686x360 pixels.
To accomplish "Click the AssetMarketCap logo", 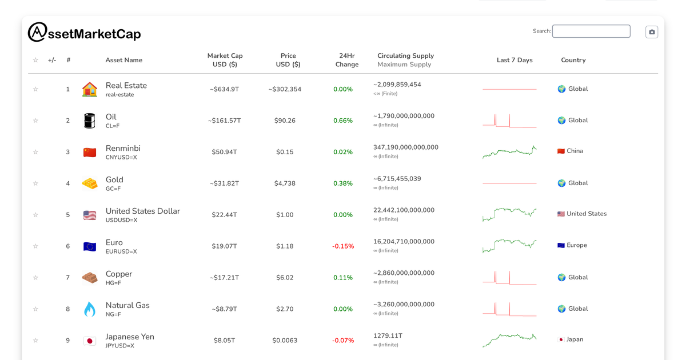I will (84, 33).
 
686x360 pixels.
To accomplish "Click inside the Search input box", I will (591, 31).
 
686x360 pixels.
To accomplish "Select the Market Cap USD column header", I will (225, 60).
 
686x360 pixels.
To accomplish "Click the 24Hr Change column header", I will (346, 60).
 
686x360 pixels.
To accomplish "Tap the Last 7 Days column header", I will (514, 60).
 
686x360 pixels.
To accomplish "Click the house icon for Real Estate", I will (90, 89).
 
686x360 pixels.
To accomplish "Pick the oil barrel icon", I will (90, 121).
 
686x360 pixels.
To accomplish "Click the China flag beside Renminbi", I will (90, 152).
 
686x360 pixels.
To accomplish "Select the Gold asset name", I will (114, 179).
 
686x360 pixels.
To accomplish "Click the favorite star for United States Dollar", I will (35, 215).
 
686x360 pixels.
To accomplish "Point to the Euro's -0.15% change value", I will (343, 246).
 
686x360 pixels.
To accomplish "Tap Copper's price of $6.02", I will (285, 278).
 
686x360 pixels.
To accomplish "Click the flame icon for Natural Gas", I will (90, 309).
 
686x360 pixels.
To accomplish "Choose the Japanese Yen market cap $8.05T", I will (225, 341).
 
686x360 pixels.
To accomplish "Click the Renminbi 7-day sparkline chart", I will (509, 152).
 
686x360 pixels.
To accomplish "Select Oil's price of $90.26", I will (285, 121).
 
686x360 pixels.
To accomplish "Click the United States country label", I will (586, 214).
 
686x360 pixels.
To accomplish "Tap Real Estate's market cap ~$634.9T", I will (225, 89).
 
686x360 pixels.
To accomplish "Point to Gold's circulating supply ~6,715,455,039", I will (397, 179).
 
